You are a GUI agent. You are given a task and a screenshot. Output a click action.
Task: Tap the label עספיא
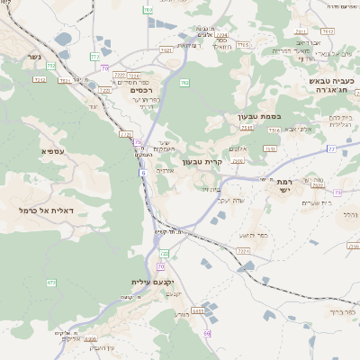click(x=52, y=151)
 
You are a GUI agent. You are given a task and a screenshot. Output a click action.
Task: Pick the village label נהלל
click(x=350, y=214)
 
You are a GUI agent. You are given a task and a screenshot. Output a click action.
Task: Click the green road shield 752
click(x=51, y=66)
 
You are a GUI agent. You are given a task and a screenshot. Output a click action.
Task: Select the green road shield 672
click(x=51, y=283)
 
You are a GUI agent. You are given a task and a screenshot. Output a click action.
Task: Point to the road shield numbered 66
click(x=206, y=334)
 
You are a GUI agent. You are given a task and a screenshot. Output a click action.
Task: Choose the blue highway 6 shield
click(x=142, y=173)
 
